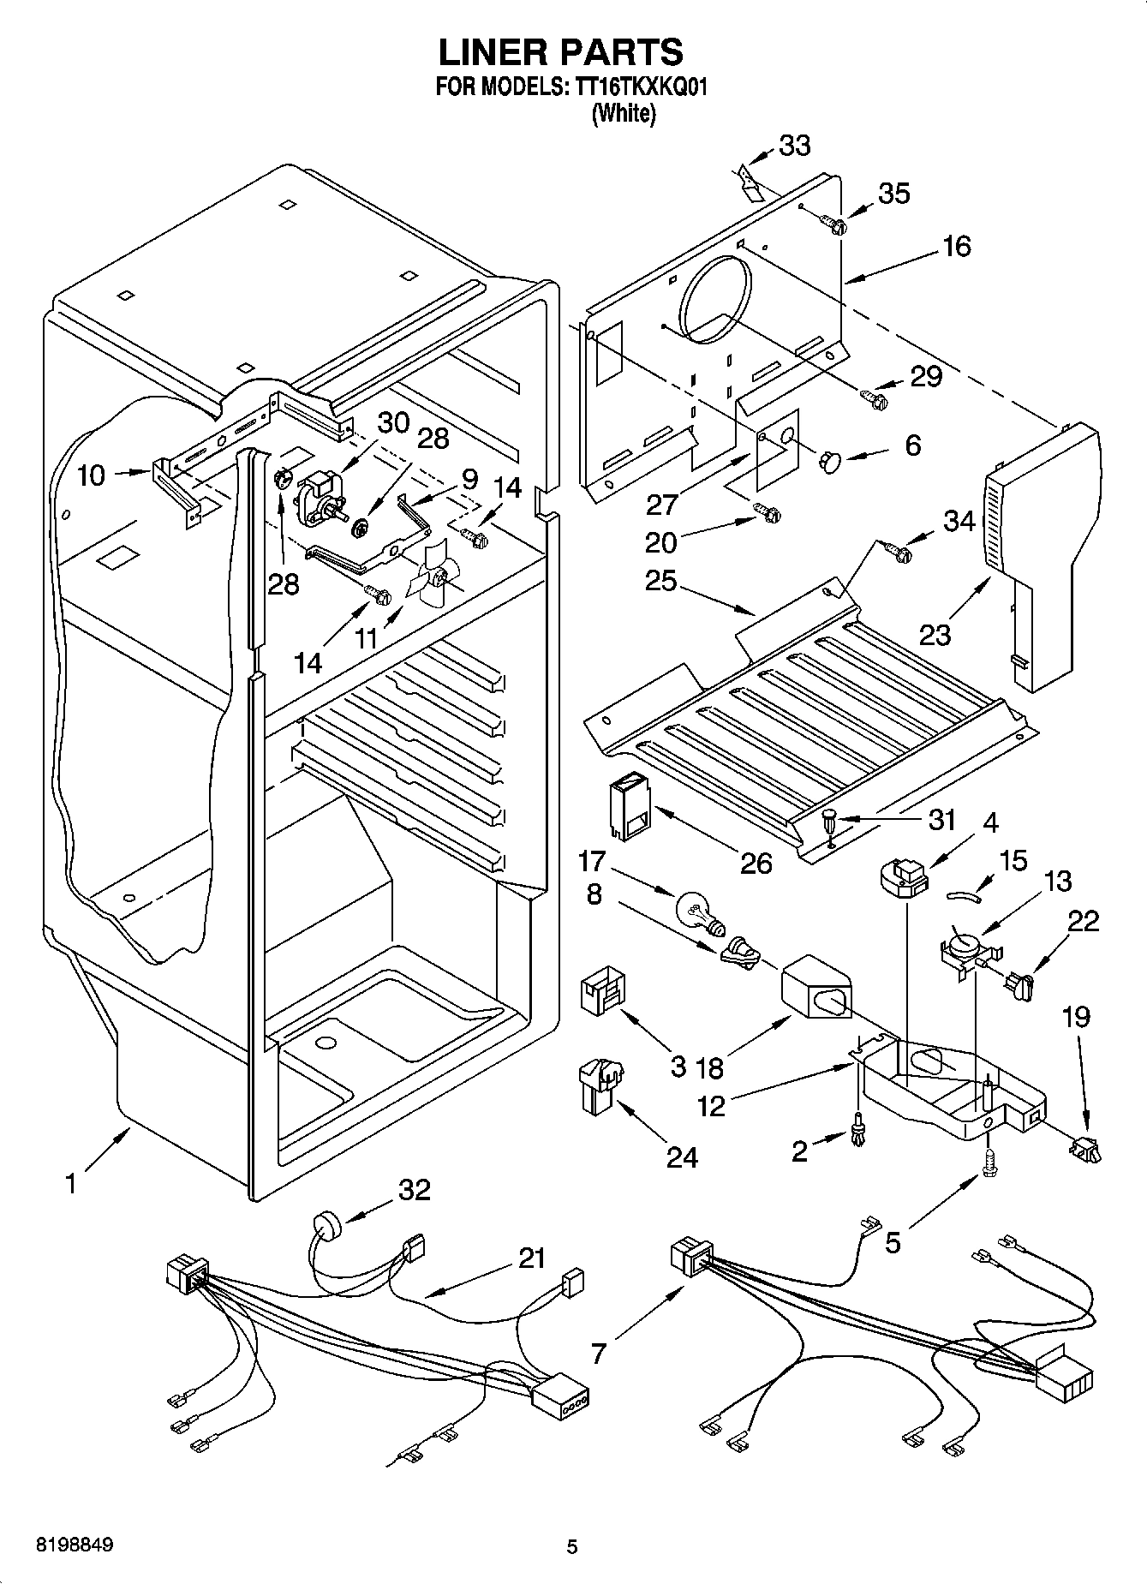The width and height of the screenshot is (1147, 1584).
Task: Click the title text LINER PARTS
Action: (x=561, y=53)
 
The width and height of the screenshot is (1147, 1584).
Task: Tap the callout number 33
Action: (x=794, y=146)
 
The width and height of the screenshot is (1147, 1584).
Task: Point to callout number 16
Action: (x=957, y=247)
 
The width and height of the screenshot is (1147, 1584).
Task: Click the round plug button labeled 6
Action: (x=829, y=462)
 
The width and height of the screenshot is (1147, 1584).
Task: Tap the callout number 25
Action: (x=662, y=582)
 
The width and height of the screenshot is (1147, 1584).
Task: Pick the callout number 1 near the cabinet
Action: (x=70, y=1185)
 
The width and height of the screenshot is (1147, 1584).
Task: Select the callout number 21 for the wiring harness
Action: (x=531, y=1258)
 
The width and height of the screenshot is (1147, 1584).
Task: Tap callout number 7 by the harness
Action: (x=598, y=1353)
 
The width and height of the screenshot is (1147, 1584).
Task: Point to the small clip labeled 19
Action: (x=1084, y=1149)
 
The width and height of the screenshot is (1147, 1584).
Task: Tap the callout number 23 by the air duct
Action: (x=935, y=636)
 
